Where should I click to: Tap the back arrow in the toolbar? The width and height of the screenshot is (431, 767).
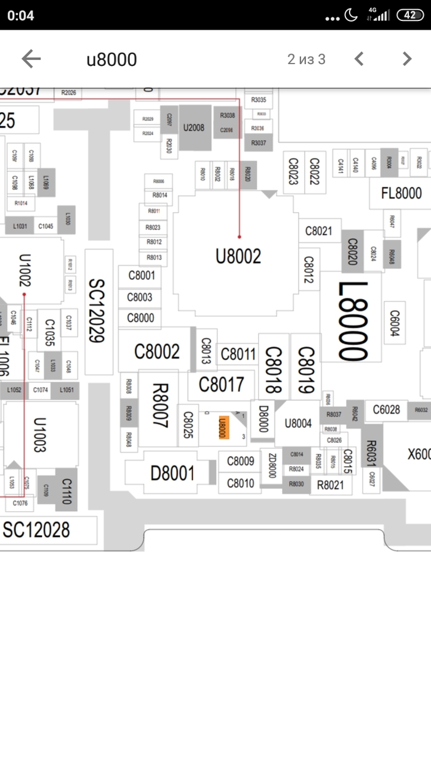[x=31, y=59]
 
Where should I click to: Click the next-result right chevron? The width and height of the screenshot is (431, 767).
[x=406, y=59]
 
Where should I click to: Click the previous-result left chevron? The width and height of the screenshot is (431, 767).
[x=360, y=59]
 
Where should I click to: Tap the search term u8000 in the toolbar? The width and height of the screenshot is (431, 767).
[x=111, y=59]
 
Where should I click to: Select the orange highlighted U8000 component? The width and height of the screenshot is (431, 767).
[x=224, y=427]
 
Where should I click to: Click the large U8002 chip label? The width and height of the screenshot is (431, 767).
[x=238, y=256]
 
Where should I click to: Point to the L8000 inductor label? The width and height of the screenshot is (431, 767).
[x=353, y=321]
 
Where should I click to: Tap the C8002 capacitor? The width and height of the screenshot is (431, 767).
[x=157, y=351]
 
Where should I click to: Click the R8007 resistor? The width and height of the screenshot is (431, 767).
[x=159, y=404]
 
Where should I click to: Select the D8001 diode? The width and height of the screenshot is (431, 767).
[x=172, y=474]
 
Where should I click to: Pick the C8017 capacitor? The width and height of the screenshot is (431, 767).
[x=221, y=385]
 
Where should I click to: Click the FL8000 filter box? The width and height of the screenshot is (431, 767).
[x=401, y=194]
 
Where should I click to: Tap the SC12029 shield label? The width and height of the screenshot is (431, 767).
[x=99, y=311]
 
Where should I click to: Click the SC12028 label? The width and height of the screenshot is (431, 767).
[x=36, y=530]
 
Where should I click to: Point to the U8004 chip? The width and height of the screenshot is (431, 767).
[x=298, y=424]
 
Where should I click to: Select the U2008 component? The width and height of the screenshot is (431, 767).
[x=194, y=128]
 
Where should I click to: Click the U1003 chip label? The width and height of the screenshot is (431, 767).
[x=40, y=435]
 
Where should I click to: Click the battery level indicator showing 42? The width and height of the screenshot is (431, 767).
[x=410, y=15]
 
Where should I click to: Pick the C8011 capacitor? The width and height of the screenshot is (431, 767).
[x=238, y=355]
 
